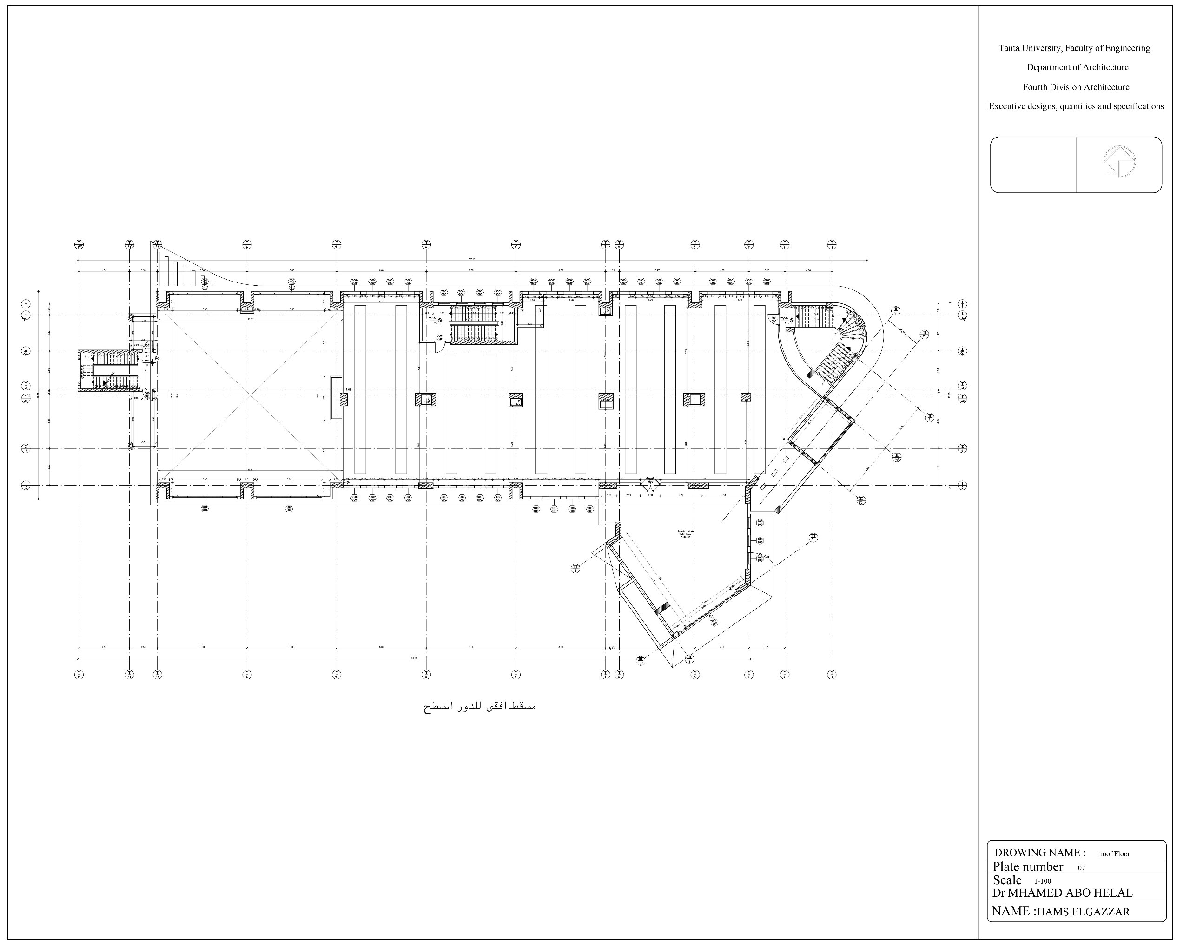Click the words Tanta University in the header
(x=1030, y=48)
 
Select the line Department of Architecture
(x=1078, y=67)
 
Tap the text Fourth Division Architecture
(x=1076, y=87)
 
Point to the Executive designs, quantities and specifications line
(x=1076, y=106)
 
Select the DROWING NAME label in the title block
(x=1039, y=853)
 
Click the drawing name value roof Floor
(x=1114, y=854)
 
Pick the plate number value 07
(x=1081, y=868)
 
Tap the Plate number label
(x=1027, y=866)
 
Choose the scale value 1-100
(x=1043, y=881)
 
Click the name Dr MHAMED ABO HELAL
(x=1062, y=893)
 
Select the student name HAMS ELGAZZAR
(x=1083, y=912)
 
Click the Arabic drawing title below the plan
(x=480, y=706)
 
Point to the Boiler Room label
(x=686, y=533)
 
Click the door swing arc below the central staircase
(x=439, y=347)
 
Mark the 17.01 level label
(x=348, y=389)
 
